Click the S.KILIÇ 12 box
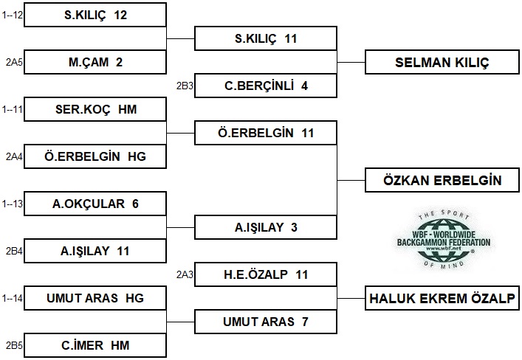point(95,15)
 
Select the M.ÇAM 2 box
point(95,62)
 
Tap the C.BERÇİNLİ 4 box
point(266,86)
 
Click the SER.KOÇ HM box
point(95,109)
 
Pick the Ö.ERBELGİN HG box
point(95,156)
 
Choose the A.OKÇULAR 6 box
point(95,204)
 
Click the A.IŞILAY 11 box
point(95,251)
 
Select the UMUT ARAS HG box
point(95,298)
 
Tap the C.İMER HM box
point(95,345)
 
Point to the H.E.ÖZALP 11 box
point(266,274)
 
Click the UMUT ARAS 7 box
point(266,322)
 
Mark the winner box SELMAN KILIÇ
point(442,62)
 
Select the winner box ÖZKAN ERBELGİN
point(442,180)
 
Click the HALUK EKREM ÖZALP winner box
point(442,298)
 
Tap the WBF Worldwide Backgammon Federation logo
point(444,240)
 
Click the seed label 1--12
point(12,15)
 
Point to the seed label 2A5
point(14,62)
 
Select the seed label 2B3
point(185,86)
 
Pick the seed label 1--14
point(12,298)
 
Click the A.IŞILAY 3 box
point(266,227)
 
